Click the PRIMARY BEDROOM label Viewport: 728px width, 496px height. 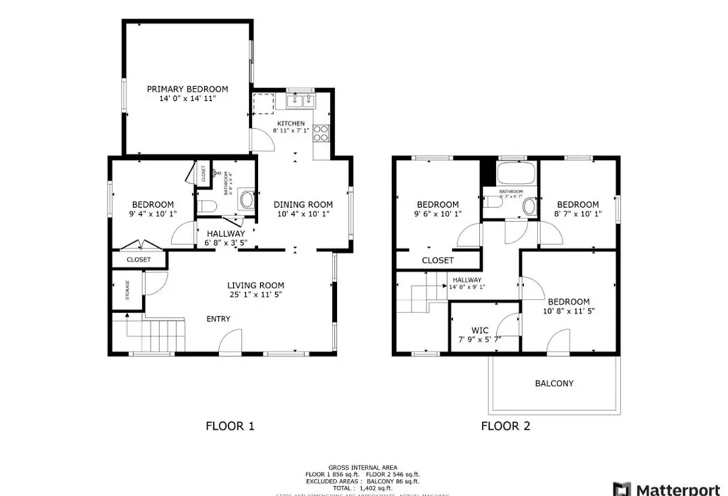[187, 89]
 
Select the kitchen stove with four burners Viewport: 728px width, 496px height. [321, 132]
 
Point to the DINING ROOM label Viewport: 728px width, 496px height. [304, 205]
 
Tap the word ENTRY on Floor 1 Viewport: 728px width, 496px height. [218, 319]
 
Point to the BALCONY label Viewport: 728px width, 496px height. [554, 384]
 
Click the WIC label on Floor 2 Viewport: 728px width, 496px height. [480, 330]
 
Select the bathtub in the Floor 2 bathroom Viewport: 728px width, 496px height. [509, 173]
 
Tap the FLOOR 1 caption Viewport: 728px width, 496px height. [230, 426]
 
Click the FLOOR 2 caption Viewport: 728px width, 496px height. [505, 426]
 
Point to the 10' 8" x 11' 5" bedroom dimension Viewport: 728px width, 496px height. [569, 311]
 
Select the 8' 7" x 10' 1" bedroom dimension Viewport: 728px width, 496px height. [577, 214]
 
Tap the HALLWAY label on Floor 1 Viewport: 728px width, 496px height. [225, 233]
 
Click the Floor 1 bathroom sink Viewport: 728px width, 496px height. [247, 201]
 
